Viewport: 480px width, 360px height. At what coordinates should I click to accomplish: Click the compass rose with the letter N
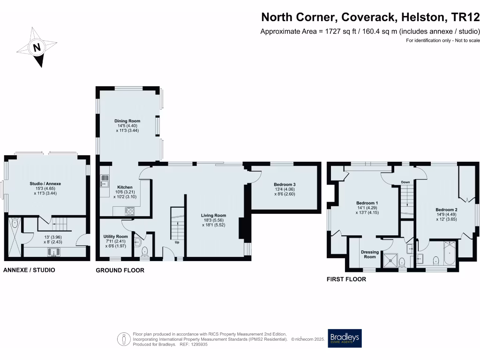point(37,47)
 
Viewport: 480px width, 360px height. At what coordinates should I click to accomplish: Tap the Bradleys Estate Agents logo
point(345,338)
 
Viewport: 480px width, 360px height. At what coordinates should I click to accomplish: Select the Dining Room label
point(127,121)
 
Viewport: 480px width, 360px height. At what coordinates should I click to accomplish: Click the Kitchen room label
point(125,187)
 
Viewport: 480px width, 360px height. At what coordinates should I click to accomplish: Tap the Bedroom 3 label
point(285,184)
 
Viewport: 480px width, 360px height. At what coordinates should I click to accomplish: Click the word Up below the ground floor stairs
point(177,243)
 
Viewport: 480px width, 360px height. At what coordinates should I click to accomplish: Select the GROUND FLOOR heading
point(120,270)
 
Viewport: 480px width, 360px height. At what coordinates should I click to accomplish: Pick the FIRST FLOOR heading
point(346,279)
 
